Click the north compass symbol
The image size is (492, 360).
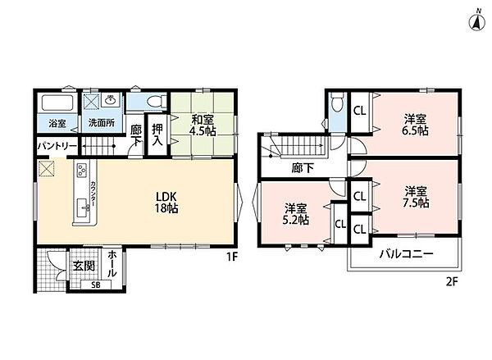pyautogui.click(x=477, y=22)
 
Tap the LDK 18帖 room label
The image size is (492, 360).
pyautogui.click(x=166, y=203)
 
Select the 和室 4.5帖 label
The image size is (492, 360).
pyautogui.click(x=203, y=125)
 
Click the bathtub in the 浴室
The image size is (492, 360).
pyautogui.click(x=57, y=103)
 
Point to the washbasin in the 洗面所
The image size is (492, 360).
pyautogui.click(x=111, y=100)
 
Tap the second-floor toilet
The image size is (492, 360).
pyautogui.click(x=337, y=103)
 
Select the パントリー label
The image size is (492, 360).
pyautogui.click(x=57, y=147)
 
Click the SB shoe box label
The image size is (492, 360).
pyautogui.click(x=96, y=285)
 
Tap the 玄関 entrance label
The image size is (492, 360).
pyautogui.click(x=84, y=267)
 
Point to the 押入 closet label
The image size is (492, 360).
pyautogui.click(x=157, y=135)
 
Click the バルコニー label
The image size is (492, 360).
pyautogui.click(x=407, y=253)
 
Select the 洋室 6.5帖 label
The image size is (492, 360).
pyautogui.click(x=415, y=125)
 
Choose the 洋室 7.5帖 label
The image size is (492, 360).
pyautogui.click(x=416, y=197)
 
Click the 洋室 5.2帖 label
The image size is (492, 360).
pyautogui.click(x=296, y=214)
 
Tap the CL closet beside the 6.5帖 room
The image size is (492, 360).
pyautogui.click(x=360, y=111)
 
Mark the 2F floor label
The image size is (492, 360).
pyautogui.click(x=452, y=282)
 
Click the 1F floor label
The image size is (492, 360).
pyautogui.click(x=233, y=257)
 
